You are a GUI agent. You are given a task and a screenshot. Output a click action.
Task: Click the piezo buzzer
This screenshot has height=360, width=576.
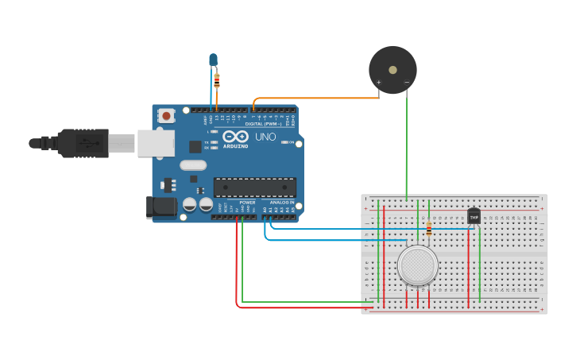tap(392, 69)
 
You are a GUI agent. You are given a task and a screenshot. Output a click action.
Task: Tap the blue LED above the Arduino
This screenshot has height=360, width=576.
tap(213, 60)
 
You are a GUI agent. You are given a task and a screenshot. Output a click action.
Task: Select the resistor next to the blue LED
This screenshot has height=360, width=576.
tap(217, 79)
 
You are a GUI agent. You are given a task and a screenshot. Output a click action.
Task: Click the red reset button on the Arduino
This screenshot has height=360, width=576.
tap(166, 116)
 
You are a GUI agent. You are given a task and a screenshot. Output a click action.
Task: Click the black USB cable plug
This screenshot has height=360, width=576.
tap(79, 143)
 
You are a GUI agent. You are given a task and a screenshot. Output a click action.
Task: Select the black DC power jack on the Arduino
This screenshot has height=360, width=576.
tap(163, 208)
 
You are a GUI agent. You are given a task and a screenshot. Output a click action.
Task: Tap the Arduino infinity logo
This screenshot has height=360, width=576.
tap(236, 136)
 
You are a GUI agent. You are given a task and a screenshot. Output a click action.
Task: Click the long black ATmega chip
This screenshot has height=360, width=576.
tap(254, 188)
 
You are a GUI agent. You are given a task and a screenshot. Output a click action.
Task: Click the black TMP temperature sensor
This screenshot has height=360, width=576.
tap(474, 215)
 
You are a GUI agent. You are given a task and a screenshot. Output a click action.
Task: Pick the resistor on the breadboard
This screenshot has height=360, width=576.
tap(429, 229)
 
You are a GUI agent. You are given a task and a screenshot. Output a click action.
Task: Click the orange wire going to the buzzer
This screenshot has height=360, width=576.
tap(318, 99)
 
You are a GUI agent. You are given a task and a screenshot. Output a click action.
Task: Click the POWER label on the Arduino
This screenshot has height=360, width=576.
tap(247, 203)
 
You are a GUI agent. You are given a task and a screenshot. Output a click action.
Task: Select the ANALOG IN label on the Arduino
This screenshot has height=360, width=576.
tap(281, 203)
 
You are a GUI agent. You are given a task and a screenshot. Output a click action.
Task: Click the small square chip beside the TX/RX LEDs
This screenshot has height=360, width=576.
tap(195, 146)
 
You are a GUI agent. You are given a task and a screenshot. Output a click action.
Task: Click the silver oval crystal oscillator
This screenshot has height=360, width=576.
tap(193, 165)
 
